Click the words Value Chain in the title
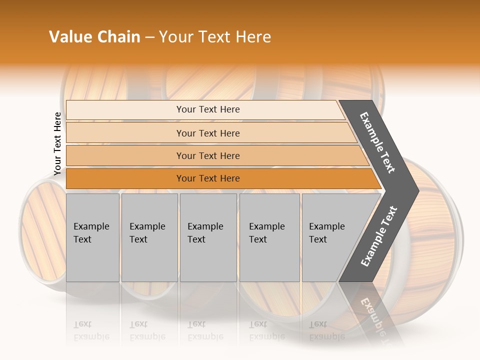[x=94, y=37]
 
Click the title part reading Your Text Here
[x=215, y=37]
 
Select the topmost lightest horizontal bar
[x=125, y=110]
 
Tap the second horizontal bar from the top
[x=125, y=133]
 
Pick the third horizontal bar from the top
[x=125, y=155]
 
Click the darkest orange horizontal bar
[x=125, y=178]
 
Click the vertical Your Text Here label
[x=57, y=143]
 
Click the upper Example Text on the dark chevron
[x=378, y=142]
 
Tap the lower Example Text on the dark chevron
[x=379, y=236]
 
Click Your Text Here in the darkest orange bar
[x=208, y=178]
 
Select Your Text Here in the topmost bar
[x=208, y=109]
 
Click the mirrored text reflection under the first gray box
[x=91, y=330]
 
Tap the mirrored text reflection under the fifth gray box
[x=326, y=330]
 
